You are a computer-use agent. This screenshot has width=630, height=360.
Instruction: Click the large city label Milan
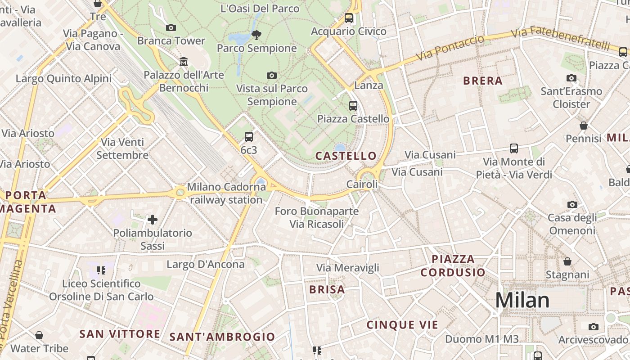[522, 301]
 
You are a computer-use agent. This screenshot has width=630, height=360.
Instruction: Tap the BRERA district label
[483, 81]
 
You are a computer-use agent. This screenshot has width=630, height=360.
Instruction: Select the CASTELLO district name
[346, 156]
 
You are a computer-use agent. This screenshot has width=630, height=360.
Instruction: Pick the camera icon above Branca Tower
[171, 27]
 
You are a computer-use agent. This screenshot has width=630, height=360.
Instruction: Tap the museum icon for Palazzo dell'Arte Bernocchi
[184, 61]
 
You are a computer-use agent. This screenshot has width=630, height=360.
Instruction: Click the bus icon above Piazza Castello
[353, 106]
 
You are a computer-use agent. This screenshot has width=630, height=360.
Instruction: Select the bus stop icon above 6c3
[249, 137]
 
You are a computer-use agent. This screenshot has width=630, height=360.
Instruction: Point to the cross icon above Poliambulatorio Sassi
[153, 220]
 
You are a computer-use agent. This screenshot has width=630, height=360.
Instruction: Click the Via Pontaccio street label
[450, 48]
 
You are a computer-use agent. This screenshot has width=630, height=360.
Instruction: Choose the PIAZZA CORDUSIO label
[453, 265]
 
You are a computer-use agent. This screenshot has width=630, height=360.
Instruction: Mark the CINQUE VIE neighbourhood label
[402, 325]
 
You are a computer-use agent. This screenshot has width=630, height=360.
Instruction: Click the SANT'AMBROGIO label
[222, 337]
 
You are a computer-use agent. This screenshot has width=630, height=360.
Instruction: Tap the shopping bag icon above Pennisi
[584, 126]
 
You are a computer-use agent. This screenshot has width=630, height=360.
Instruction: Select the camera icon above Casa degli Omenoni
[572, 204]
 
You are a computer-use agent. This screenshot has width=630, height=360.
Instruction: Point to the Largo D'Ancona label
[206, 264]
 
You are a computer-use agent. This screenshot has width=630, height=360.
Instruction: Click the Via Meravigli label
[347, 268]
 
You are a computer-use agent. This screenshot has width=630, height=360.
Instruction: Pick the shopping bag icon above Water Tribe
[39, 335]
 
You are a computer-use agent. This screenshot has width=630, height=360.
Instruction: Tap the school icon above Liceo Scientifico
[101, 270]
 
